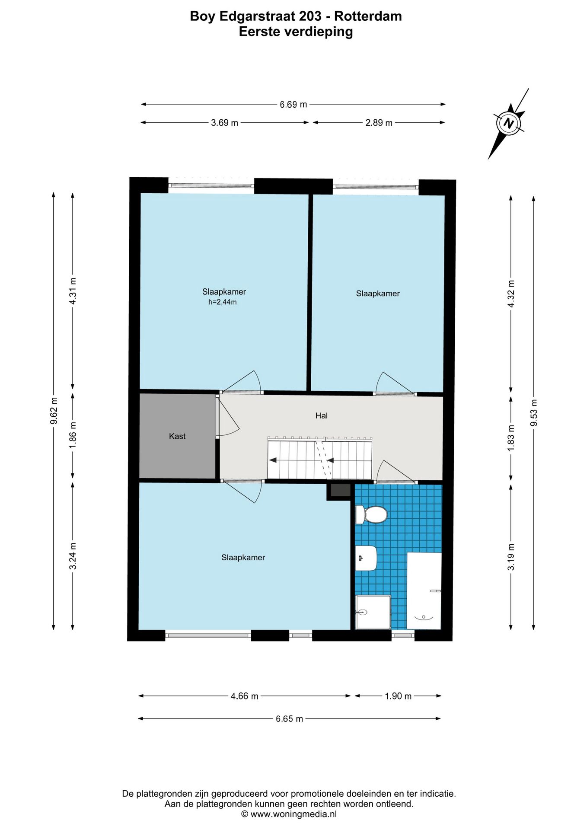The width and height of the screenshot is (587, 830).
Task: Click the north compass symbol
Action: (x=509, y=123)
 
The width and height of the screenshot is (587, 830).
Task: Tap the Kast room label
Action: (x=177, y=436)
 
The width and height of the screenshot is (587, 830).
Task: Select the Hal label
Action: (x=321, y=415)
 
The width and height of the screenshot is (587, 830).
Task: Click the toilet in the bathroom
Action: (x=371, y=514)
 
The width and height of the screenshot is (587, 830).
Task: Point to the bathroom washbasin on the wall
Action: (x=366, y=558)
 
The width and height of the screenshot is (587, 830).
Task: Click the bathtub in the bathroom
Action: (x=424, y=591)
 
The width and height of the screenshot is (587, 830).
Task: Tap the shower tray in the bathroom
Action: (x=373, y=612)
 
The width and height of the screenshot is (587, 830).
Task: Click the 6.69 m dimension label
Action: (x=293, y=105)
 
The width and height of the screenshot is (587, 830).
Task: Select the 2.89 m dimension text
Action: (x=379, y=123)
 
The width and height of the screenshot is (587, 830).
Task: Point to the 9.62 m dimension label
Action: (x=54, y=411)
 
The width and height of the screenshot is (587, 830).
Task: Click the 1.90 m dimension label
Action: (x=398, y=696)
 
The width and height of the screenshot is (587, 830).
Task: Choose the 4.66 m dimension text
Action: (x=244, y=696)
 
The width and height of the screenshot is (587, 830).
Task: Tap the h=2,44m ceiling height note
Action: (x=222, y=302)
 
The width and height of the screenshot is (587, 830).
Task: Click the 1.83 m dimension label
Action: (x=511, y=438)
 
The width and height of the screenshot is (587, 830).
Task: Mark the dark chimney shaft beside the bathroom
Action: (x=340, y=490)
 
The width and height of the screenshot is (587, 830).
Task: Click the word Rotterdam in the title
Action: (x=368, y=16)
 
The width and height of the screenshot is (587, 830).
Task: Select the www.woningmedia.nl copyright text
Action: (x=289, y=814)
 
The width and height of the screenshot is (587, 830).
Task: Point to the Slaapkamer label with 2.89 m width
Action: (x=378, y=294)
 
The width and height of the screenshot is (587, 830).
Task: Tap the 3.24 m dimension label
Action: (x=73, y=556)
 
